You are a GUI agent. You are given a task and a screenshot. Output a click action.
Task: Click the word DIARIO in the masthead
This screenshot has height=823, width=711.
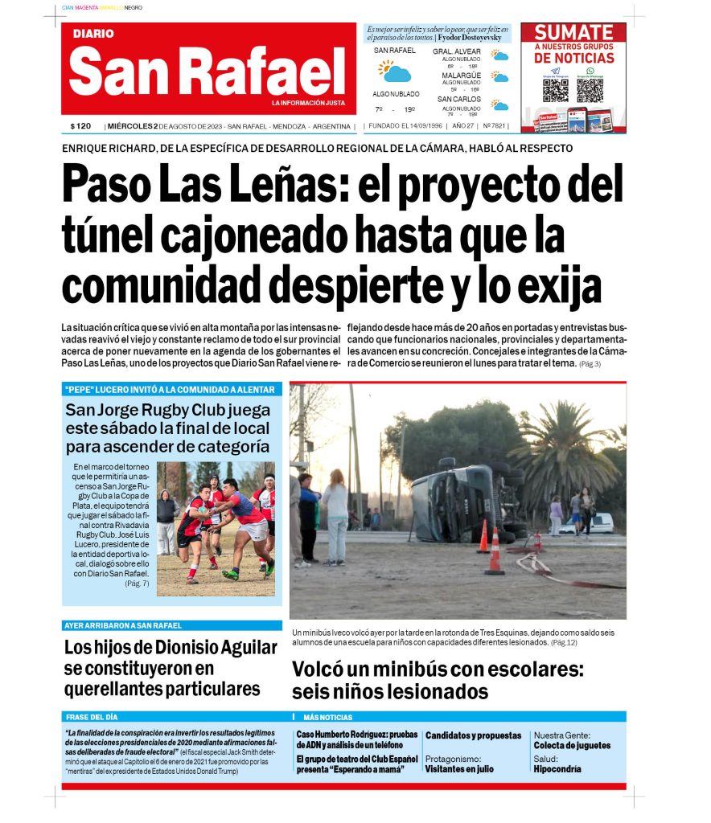[93, 34]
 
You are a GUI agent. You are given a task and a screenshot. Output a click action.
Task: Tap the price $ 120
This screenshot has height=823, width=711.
[80, 126]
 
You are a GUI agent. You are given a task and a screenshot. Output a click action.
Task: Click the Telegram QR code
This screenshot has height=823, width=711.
[556, 89]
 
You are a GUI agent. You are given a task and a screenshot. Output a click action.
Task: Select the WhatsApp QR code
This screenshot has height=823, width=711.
[590, 89]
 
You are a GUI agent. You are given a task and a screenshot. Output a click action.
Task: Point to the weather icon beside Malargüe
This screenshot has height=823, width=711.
[500, 77]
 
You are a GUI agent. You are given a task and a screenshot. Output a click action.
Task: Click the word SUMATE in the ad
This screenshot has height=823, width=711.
[573, 33]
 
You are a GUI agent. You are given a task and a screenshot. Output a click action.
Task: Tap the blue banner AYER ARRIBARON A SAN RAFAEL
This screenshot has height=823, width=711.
[122, 625]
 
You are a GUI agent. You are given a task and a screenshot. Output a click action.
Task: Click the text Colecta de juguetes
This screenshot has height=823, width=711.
[571, 746]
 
